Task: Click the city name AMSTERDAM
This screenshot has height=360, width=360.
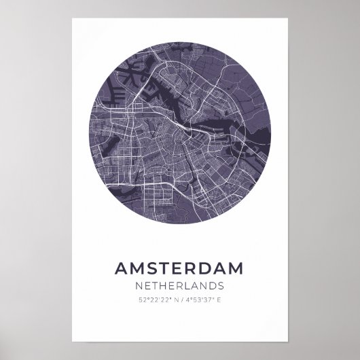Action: (180, 269)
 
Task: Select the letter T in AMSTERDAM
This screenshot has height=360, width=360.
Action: (166, 269)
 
